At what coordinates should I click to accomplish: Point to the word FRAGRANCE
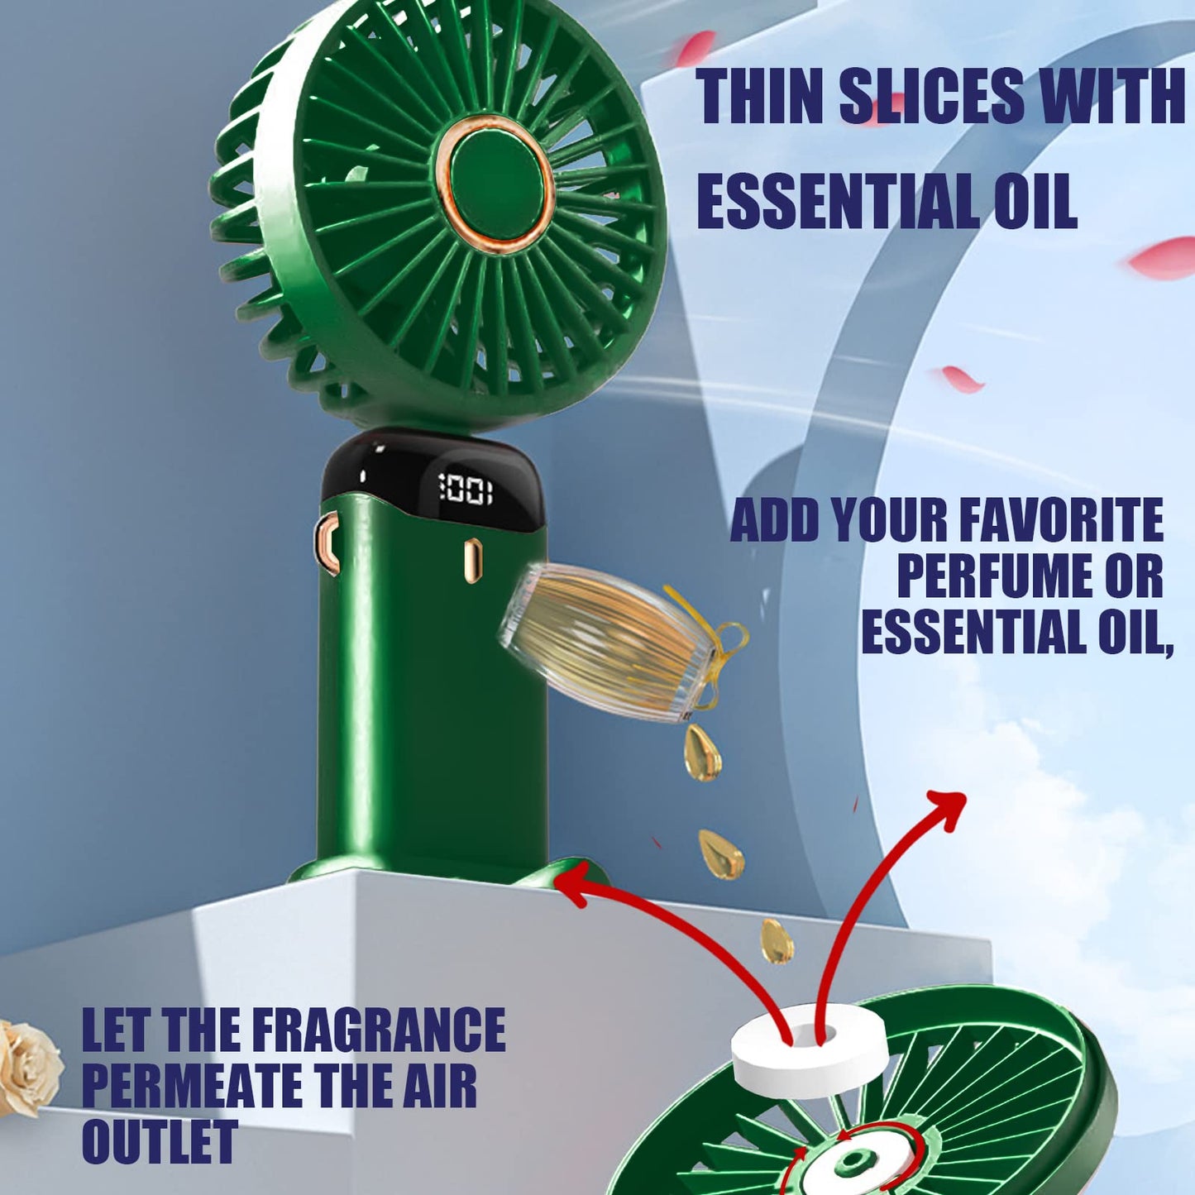point(378,1030)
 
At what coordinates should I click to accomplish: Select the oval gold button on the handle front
point(472,560)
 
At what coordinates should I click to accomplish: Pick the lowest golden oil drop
point(777,940)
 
